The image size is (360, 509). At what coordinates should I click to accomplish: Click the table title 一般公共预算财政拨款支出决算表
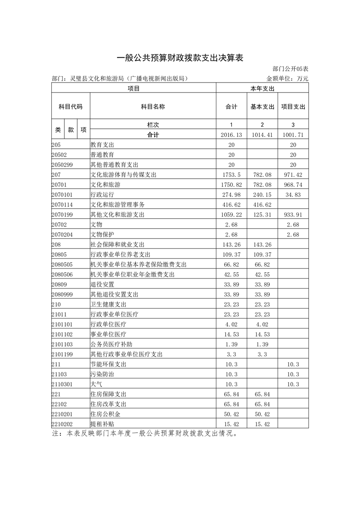point(180,58)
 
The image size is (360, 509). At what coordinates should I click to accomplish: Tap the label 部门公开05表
point(291,69)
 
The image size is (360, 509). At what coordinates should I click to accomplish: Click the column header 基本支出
point(263,107)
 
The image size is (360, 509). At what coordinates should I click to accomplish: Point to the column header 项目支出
point(293,107)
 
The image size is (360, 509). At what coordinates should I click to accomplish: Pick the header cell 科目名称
point(153,107)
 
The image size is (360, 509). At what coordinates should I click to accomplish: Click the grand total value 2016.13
point(232,135)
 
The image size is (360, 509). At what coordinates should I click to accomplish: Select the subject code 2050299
point(62,165)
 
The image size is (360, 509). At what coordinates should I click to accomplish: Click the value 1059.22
point(232,215)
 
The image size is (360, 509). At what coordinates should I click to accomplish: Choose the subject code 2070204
point(62,235)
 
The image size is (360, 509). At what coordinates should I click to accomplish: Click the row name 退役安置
point(102,284)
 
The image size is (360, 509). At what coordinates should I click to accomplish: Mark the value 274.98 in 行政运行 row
point(232,195)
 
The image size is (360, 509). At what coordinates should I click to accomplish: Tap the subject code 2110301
point(62,384)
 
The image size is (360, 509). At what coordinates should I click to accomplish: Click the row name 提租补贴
point(102,424)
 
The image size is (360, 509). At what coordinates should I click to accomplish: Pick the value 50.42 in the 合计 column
point(232,414)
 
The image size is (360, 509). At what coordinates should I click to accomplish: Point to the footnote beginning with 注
point(145,433)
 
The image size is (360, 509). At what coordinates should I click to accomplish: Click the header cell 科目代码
point(71,107)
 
